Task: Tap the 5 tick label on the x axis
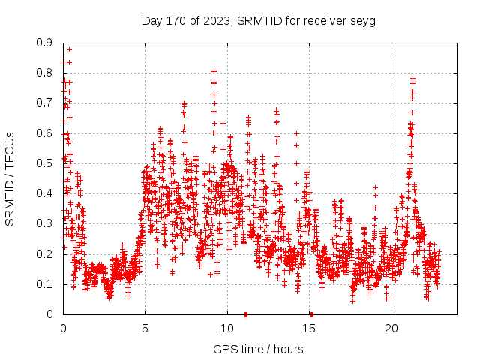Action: (x=145, y=328)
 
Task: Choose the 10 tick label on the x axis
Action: (x=227, y=328)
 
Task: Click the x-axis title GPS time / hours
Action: (x=258, y=349)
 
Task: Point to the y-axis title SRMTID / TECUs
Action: (x=10, y=178)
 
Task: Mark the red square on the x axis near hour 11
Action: (x=246, y=314)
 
